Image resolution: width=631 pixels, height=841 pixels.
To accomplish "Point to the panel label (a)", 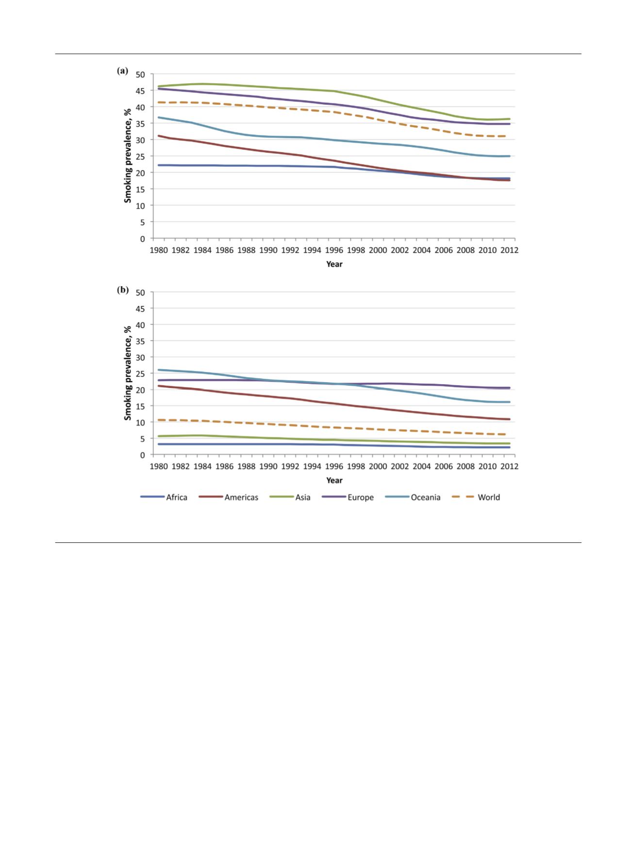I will tap(122, 71).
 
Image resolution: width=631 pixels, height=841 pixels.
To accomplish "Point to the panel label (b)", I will tap(122, 290).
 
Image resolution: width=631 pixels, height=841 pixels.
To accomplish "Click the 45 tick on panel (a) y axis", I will tap(140, 91).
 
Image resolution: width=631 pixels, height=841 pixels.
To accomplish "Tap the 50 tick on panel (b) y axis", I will tap(140, 292).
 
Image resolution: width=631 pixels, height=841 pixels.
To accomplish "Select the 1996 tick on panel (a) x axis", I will tap(334, 250).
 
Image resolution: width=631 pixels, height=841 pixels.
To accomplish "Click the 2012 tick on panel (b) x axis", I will tap(509, 466).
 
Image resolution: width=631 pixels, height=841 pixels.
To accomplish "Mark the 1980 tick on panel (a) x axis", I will tap(159, 250).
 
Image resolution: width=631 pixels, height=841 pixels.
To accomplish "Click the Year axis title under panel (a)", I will tap(334, 264).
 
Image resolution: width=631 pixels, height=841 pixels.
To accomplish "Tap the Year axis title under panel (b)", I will tap(334, 480).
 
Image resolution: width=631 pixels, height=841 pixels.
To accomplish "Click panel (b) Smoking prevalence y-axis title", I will tap(128, 372).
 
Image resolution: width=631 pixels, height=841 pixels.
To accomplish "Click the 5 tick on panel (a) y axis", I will tap(142, 222).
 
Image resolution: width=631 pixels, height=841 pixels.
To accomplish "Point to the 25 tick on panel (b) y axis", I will tap(140, 374).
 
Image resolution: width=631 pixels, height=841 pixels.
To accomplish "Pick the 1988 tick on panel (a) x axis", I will tap(247, 250).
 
